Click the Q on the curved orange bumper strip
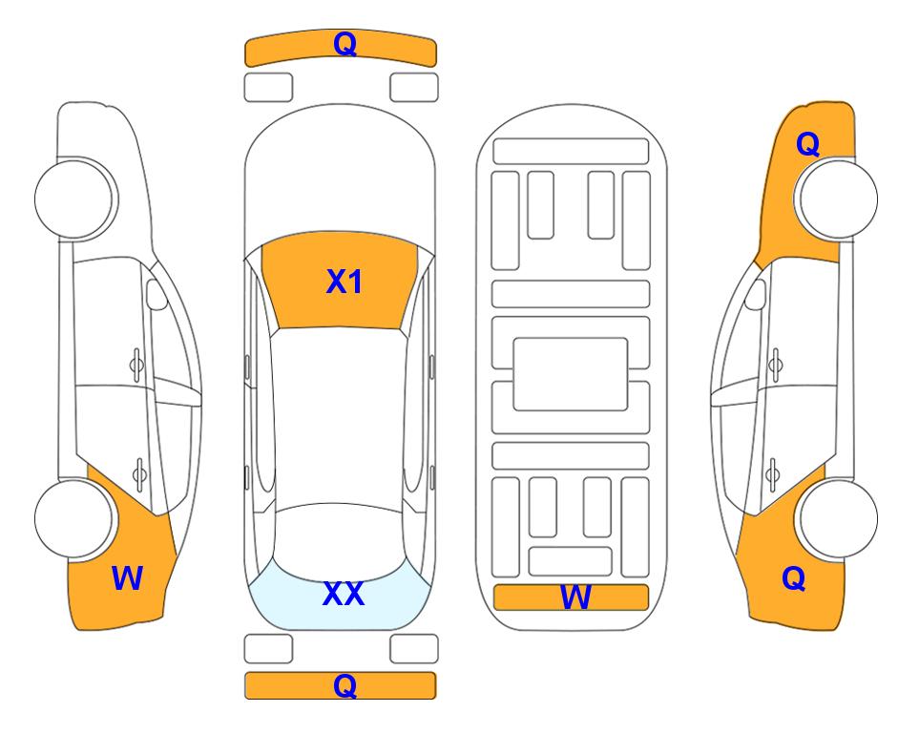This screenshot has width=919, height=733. point(345,43)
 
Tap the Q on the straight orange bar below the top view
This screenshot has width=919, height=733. point(345,685)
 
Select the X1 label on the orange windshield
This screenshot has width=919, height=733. point(345,282)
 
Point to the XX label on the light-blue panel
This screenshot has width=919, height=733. point(344,594)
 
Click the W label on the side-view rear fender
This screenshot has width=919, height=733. point(127,578)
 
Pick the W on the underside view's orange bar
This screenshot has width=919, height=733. point(574,597)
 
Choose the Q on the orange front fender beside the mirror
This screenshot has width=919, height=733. point(807,144)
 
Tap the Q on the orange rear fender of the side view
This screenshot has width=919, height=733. point(794,578)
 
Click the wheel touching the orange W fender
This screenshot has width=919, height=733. point(73,518)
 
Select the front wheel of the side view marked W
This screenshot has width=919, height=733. point(73,199)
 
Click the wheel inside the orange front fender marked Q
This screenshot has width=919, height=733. point(838,199)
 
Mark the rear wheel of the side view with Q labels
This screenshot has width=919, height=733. point(838,518)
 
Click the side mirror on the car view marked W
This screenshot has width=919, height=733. point(157,294)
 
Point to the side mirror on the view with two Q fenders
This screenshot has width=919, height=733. point(755,294)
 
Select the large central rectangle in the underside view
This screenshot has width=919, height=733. point(571,374)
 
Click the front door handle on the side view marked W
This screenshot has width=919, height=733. point(136,365)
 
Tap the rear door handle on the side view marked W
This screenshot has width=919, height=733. point(139,473)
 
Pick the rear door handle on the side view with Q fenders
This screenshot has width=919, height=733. point(773,473)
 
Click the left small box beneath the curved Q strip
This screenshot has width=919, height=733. point(268,88)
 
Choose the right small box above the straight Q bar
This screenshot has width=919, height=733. point(414,649)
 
